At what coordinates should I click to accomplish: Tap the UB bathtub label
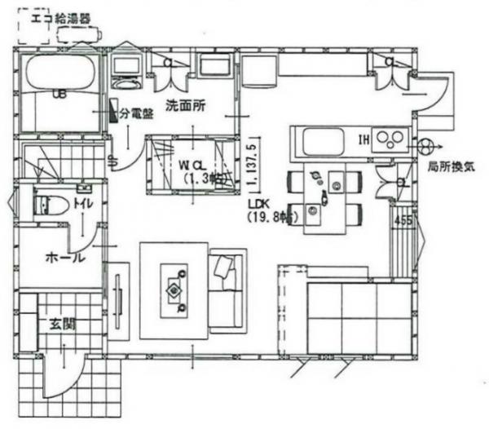[59, 94]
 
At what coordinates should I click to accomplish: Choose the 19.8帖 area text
[272, 216]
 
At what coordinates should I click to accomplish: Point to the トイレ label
[81, 201]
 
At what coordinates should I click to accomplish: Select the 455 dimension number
[403, 220]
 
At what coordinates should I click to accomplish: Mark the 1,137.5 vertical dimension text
[255, 162]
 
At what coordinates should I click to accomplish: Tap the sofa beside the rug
[227, 292]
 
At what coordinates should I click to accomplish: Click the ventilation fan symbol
[425, 147]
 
